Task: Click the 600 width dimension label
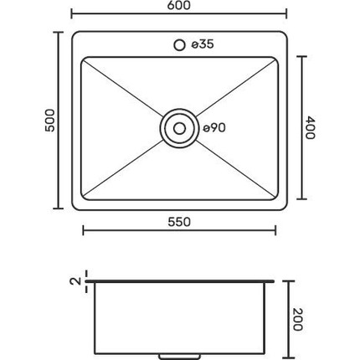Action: pos(180,6)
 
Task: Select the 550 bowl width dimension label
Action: pos(180,222)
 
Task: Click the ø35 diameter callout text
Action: pos(203,44)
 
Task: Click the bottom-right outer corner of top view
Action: pos(287,211)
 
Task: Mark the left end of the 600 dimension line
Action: pos(70,14)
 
